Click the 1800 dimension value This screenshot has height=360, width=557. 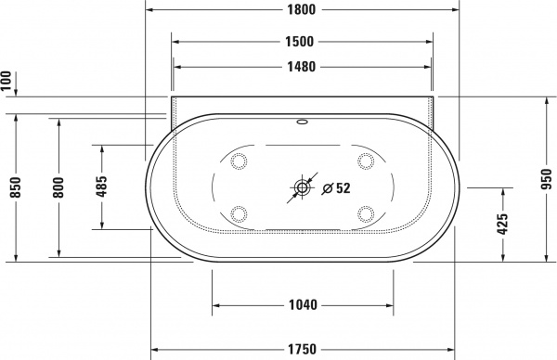[302, 10]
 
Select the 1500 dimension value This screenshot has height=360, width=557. [302, 42]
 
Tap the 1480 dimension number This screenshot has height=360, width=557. [302, 67]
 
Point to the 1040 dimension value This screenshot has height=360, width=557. [303, 304]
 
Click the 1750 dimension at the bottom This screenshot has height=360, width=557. [303, 349]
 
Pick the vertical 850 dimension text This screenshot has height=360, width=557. [13, 188]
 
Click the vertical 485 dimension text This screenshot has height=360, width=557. [101, 188]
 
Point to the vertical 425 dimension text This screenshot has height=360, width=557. [502, 225]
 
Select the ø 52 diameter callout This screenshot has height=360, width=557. [335, 188]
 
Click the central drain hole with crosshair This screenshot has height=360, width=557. [302, 188]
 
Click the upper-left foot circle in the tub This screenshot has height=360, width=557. [239, 161]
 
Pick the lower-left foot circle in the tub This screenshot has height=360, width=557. [239, 214]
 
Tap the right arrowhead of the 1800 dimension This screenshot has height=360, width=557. [457, 10]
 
